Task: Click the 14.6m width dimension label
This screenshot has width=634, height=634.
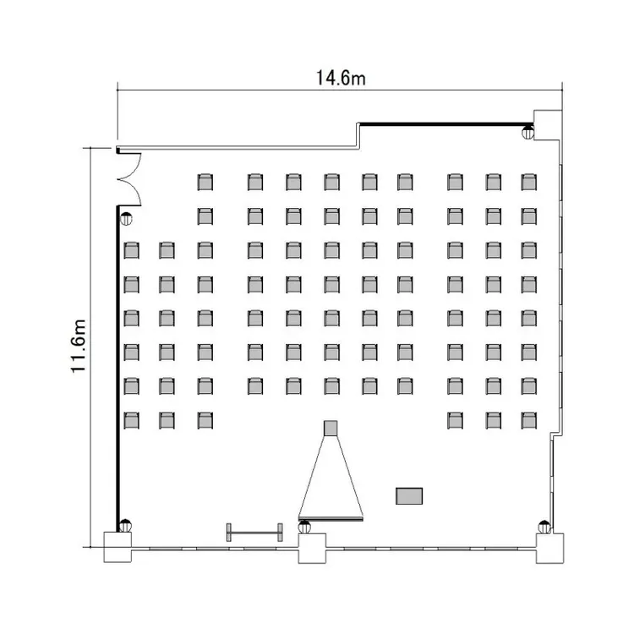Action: (341, 78)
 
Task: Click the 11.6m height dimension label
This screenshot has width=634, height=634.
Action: (78, 346)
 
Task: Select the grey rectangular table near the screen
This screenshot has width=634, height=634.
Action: (409, 495)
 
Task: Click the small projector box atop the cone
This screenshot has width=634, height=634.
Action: (331, 429)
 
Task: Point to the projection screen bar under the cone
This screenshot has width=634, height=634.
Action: (331, 518)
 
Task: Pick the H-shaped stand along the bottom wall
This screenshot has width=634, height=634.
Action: (254, 532)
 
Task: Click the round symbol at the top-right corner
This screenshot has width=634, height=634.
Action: (527, 132)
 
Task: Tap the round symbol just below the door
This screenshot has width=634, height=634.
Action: (126, 219)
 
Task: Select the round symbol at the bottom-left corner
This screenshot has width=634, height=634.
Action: (125, 525)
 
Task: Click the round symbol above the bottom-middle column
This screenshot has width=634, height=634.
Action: (304, 527)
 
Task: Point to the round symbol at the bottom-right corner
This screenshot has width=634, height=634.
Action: (544, 527)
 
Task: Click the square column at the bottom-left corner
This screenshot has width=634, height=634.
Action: (118, 547)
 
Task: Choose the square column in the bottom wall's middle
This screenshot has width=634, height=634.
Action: (312, 549)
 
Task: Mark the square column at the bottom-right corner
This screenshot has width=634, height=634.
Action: (550, 549)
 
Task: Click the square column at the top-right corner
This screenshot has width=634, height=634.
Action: (548, 125)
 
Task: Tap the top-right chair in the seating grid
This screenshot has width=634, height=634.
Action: (529, 182)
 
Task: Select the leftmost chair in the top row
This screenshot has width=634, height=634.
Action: (205, 182)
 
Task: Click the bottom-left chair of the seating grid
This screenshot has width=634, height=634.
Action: (131, 420)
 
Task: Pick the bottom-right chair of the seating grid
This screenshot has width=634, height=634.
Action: (529, 420)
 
